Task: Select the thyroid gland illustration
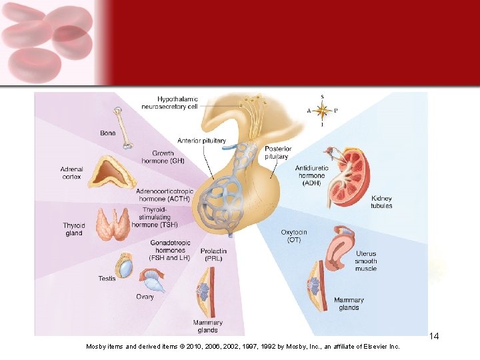112,223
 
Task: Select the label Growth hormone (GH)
163,157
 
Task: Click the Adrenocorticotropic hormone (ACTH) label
165,195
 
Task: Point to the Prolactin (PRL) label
214,255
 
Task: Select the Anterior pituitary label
201,141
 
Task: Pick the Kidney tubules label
381,202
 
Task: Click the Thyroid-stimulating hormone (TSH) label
154,217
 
